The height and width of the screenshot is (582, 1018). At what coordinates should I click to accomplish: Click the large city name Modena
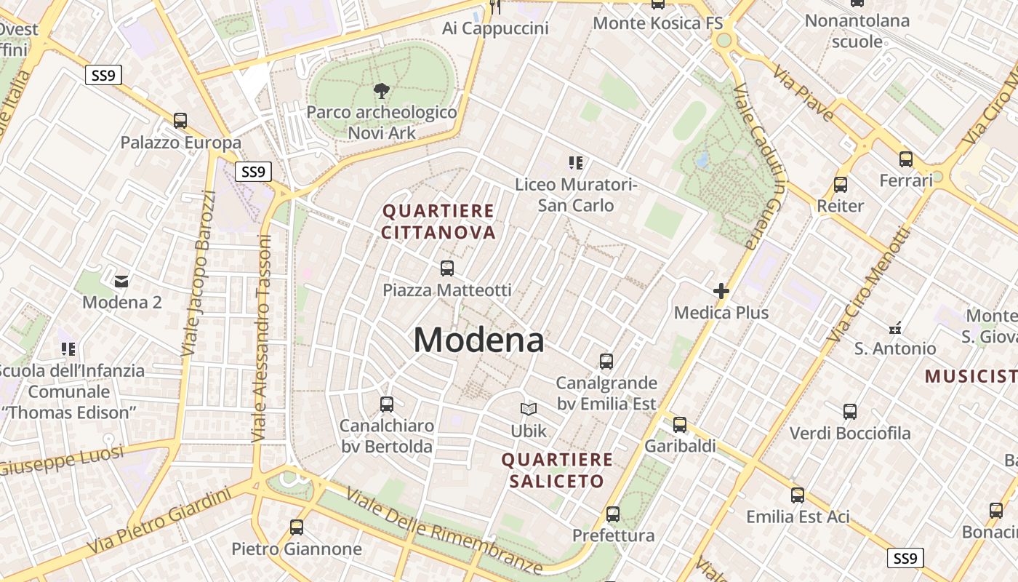pos(478,340)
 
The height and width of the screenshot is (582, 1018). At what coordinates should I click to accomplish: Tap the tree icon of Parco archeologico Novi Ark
pos(380,91)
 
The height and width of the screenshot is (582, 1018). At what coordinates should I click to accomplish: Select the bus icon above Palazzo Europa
pos(180,121)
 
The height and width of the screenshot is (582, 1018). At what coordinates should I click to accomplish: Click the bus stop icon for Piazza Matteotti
pos(447,268)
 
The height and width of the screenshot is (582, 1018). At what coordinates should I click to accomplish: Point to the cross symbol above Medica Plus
pos(721,292)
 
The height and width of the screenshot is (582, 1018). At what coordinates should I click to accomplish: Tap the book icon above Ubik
pos(528,410)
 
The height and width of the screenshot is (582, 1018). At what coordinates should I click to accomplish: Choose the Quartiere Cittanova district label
pos(438,222)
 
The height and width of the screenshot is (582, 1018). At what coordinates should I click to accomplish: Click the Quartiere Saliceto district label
pos(557,470)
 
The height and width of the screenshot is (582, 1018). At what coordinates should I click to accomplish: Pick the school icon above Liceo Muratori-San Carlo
pos(576,163)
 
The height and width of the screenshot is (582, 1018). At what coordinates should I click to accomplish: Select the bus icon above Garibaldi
pos(680,424)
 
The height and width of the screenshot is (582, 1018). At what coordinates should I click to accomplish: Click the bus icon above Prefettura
pos(613,514)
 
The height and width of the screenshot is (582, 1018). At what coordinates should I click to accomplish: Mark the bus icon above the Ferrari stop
pos(905,159)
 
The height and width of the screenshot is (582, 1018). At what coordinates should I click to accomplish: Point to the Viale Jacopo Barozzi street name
pos(199,273)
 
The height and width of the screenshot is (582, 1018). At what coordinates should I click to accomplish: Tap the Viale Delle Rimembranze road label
pos(444,530)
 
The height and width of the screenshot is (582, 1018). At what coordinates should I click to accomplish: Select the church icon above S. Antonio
pos(895,327)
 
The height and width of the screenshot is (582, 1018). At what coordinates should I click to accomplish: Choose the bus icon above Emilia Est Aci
pos(798,495)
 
